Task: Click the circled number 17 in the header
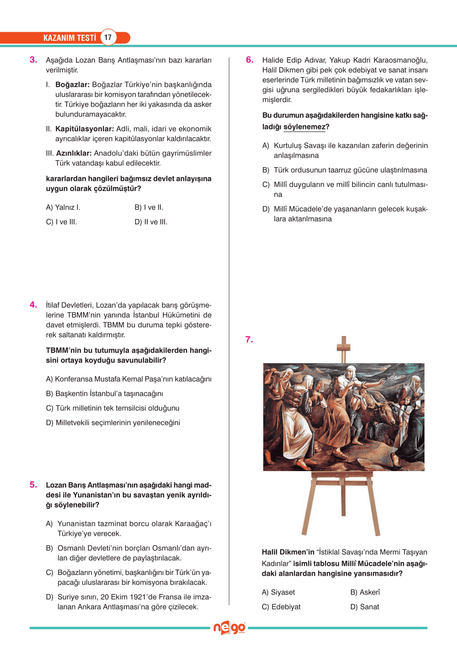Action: click(108, 37)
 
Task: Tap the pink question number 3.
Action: click(33, 60)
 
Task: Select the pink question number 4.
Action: click(33, 305)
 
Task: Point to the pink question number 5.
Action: click(33, 485)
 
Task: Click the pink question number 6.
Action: click(250, 60)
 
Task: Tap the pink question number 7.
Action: click(249, 339)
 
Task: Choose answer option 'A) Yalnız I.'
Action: click(63, 208)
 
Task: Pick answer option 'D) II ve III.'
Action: click(151, 222)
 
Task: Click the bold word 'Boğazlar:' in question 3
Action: click(72, 85)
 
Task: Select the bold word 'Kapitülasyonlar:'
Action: click(84, 129)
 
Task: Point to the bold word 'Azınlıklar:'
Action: click(74, 153)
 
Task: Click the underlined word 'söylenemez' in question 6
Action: click(304, 127)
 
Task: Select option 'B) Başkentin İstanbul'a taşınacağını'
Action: click(104, 394)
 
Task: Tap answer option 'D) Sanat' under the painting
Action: click(365, 607)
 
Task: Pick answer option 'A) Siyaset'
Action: click(278, 592)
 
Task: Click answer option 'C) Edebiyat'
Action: click(281, 607)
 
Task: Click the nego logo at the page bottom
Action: click(229, 628)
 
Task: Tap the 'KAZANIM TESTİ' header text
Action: click(70, 38)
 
